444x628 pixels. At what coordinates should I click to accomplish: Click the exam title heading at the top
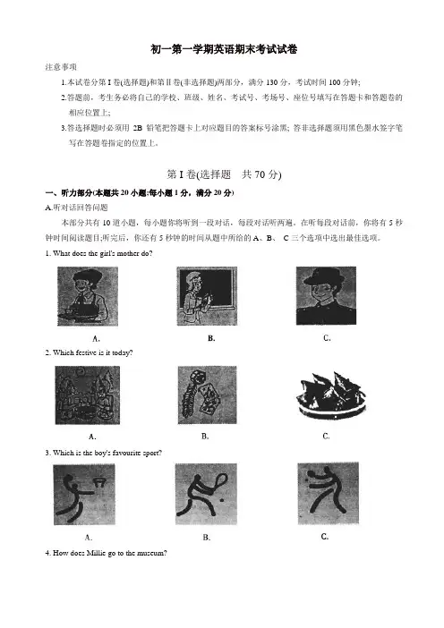click(224, 50)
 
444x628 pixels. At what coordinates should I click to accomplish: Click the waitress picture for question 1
click(88, 296)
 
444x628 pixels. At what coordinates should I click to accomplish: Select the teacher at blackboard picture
click(207, 296)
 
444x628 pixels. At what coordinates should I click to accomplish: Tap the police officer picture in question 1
click(326, 295)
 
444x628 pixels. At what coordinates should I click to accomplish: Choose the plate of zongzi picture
click(331, 395)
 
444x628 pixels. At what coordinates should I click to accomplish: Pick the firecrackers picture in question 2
click(207, 395)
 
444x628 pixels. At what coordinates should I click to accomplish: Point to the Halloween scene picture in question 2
click(88, 395)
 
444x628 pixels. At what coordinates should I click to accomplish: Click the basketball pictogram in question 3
click(84, 494)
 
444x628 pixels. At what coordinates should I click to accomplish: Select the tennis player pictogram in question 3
click(206, 494)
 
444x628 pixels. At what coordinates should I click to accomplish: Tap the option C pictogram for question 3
click(328, 494)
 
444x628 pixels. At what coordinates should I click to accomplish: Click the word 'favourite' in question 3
click(126, 453)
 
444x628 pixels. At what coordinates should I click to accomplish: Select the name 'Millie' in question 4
click(97, 553)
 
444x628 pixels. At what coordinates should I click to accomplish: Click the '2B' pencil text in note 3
click(138, 128)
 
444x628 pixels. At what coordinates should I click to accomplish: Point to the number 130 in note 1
click(271, 82)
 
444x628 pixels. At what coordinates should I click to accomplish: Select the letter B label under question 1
click(211, 338)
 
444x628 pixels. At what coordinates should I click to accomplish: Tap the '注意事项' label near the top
click(61, 67)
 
